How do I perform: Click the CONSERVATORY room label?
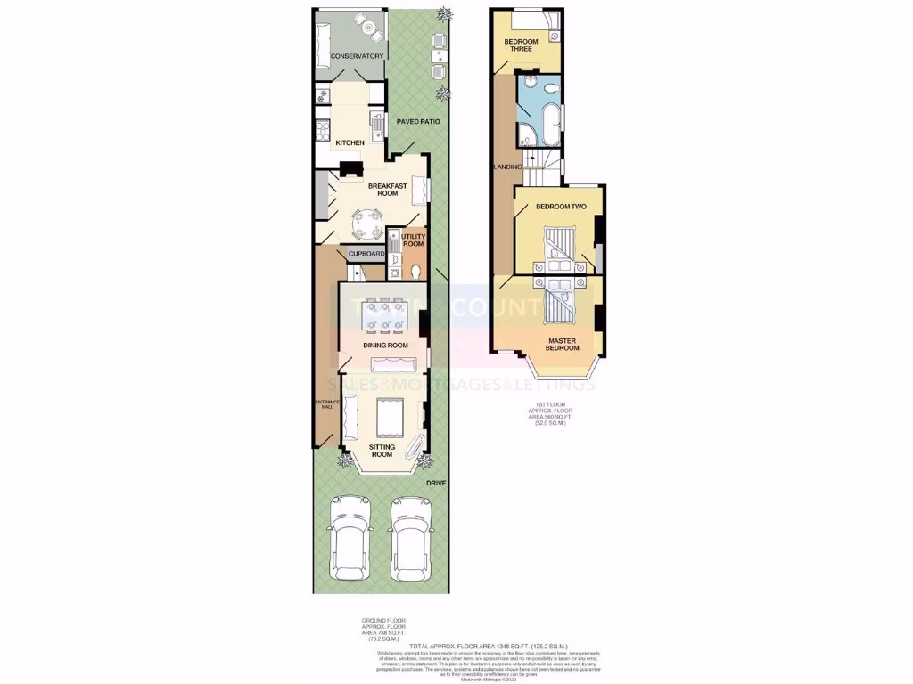pyautogui.click(x=357, y=57)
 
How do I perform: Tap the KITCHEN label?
pyautogui.click(x=350, y=142)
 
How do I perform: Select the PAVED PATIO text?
pyautogui.click(x=418, y=121)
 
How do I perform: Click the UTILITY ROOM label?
pyautogui.click(x=413, y=240)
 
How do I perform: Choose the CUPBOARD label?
pyautogui.click(x=366, y=254)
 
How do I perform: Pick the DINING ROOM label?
pyautogui.click(x=385, y=346)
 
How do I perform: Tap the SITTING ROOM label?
pyautogui.click(x=382, y=451)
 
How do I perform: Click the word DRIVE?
pyautogui.click(x=436, y=483)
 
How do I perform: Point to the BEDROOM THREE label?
pyautogui.click(x=519, y=45)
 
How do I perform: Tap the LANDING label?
pyautogui.click(x=507, y=167)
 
